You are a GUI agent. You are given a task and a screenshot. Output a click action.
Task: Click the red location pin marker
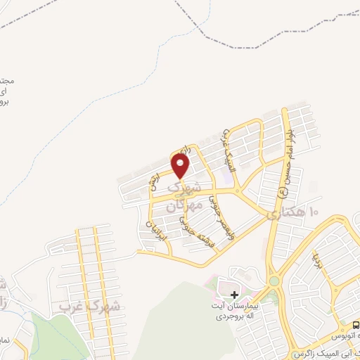[x=181, y=167]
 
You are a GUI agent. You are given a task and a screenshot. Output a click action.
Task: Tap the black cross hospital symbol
[x=235, y=294]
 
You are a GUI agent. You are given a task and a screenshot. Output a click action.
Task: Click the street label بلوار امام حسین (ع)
[x=284, y=152]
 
